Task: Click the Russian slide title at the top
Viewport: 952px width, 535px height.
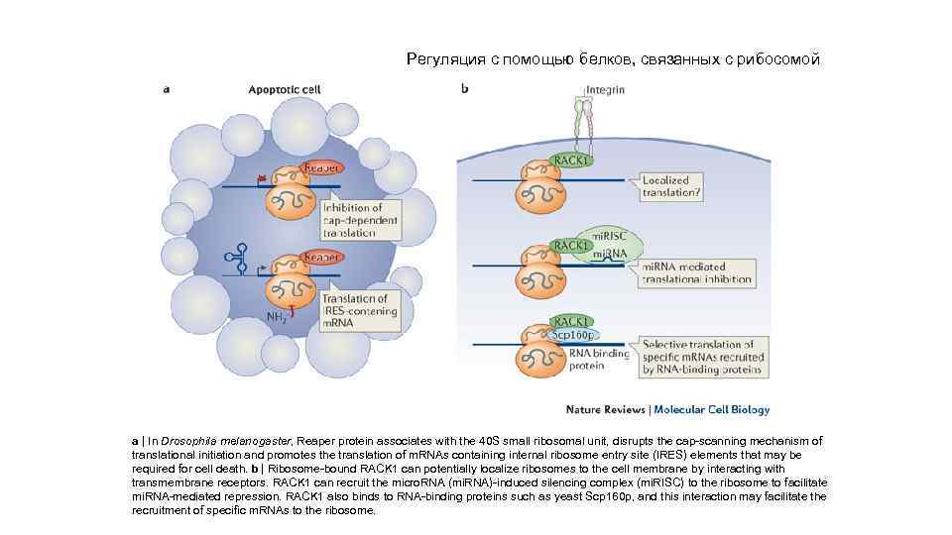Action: point(613,59)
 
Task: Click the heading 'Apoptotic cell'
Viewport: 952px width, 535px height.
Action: point(284,89)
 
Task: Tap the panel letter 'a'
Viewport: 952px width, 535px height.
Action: point(166,89)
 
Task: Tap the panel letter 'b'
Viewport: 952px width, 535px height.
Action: point(465,89)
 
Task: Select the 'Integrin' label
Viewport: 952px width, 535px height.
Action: point(605,90)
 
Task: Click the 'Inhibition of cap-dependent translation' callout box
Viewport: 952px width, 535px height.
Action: point(361,220)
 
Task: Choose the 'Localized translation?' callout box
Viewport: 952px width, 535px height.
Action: point(671,187)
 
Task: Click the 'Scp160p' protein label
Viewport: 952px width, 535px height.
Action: point(569,335)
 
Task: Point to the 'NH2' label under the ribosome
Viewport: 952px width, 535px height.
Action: point(276,317)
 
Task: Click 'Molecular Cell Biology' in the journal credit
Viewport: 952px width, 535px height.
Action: point(711,409)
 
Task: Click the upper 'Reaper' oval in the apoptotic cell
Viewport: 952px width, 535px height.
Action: point(321,168)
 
